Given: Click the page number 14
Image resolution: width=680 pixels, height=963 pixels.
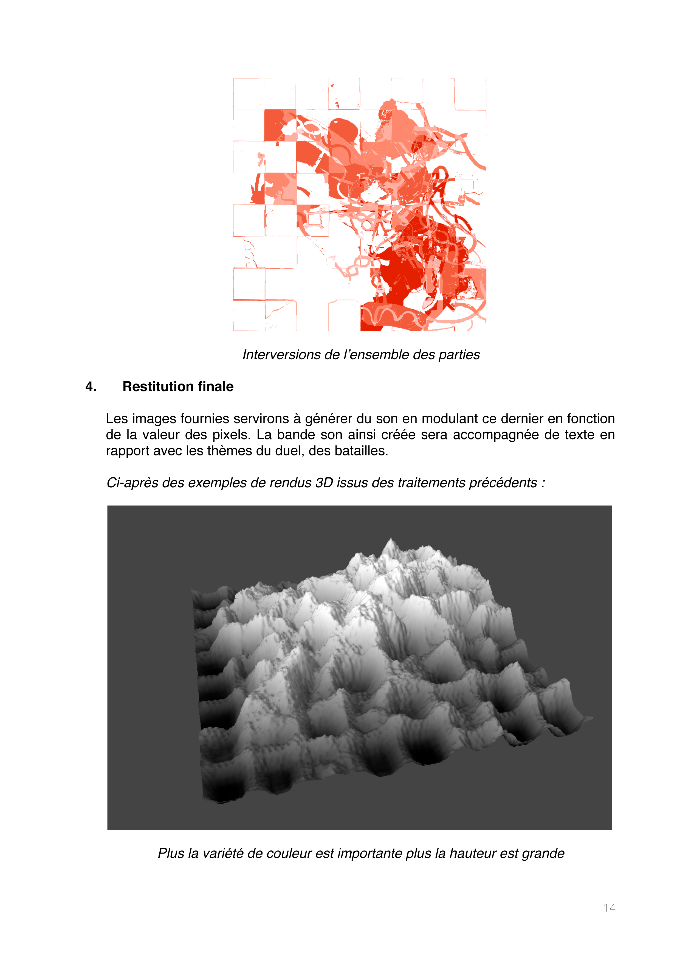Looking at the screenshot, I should pos(609,908).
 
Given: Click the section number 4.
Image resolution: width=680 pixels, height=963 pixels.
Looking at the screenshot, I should pos(91,387).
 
